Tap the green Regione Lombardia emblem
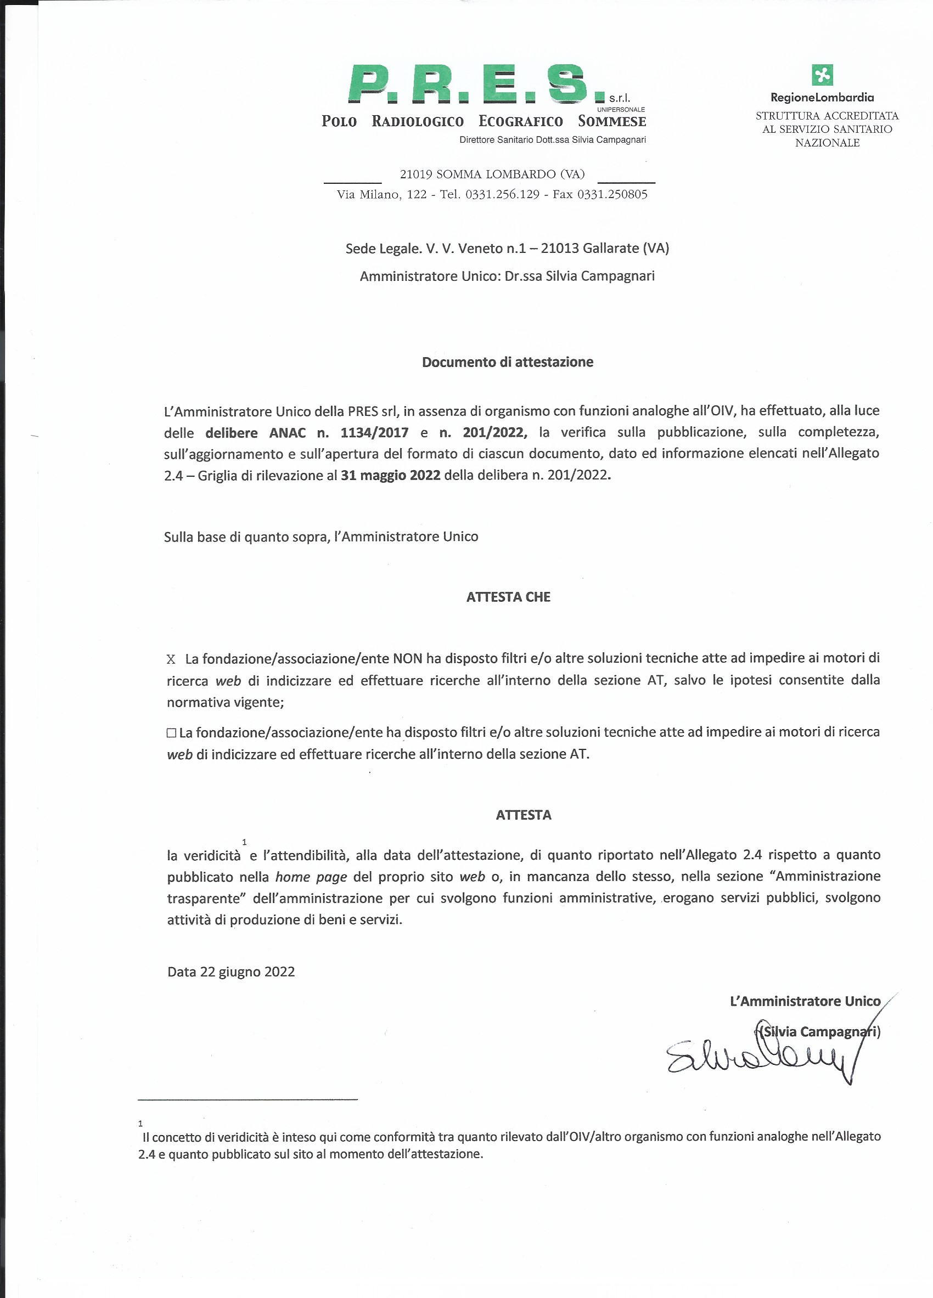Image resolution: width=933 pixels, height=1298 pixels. click(822, 75)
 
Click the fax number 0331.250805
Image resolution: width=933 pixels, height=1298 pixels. click(612, 195)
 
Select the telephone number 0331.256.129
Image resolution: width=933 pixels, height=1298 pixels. click(502, 195)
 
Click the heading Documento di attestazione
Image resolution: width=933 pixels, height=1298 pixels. click(507, 362)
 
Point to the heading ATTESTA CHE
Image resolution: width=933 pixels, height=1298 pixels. click(508, 597)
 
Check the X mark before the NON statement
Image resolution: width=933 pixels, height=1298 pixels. click(171, 659)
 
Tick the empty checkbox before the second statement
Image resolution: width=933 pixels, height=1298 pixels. click(171, 732)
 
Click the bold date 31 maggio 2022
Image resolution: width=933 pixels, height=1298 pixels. click(390, 475)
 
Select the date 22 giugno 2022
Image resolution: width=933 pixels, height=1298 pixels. click(248, 972)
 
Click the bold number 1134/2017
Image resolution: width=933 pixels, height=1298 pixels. click(374, 433)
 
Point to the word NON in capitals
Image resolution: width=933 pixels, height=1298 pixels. click(407, 659)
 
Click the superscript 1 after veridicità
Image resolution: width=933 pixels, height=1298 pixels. click(244, 842)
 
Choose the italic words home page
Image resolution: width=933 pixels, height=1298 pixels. click(311, 877)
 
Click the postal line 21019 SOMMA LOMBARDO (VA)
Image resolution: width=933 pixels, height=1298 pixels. click(492, 174)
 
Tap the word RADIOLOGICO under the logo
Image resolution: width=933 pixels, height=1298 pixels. click(417, 121)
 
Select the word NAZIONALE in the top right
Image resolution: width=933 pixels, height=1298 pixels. click(827, 143)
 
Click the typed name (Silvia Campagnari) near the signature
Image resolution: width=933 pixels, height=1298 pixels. click(819, 1032)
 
